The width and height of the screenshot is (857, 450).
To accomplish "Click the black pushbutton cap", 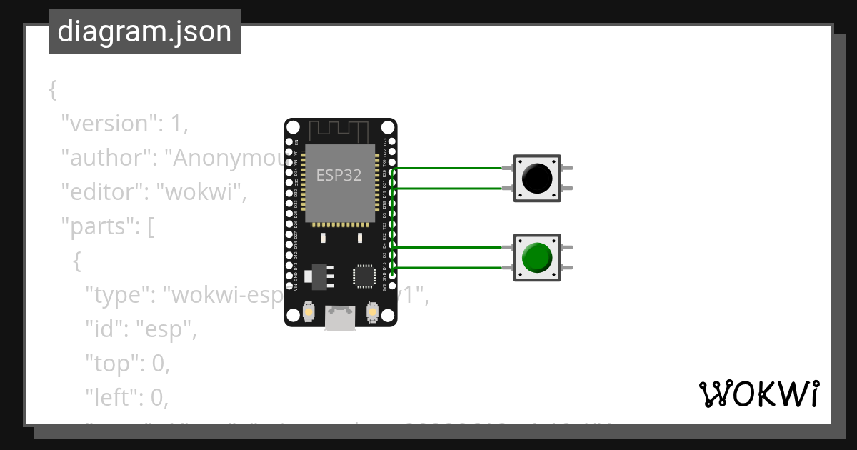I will click(536, 178).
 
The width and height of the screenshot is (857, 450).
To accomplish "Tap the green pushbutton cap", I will click(536, 257).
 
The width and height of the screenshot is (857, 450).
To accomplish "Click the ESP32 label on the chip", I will click(339, 175).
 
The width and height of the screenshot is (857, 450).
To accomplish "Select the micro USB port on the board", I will click(341, 318).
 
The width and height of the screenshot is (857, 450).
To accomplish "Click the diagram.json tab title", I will click(144, 31).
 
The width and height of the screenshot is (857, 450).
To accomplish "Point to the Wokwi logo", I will click(758, 394).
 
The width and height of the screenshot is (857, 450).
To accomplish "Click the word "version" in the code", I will click(108, 124).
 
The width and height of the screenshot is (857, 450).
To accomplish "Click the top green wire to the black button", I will click(450, 169).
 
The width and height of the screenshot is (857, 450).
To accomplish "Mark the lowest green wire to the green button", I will click(450, 268).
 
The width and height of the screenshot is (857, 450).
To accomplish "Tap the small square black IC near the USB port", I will click(364, 276).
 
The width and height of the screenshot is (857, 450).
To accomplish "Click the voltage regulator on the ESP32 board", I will click(318, 275).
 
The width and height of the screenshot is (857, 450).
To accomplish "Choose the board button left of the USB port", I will click(309, 312).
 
